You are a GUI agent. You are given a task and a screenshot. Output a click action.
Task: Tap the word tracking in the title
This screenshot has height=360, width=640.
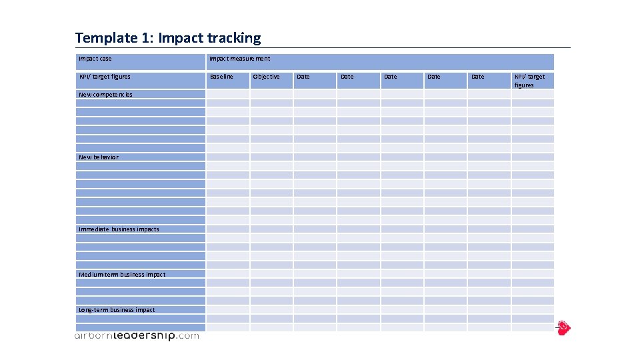[x=234, y=38]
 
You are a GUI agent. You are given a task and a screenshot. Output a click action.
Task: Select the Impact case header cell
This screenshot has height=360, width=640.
[x=95, y=59]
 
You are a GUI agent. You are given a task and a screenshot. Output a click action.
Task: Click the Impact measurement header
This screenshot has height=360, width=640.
[x=240, y=59]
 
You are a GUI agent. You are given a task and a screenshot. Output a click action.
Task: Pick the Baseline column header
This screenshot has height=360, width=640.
[x=221, y=77]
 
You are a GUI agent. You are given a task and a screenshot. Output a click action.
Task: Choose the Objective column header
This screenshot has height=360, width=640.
[x=267, y=77]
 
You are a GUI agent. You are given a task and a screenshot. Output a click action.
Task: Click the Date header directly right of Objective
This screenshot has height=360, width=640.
[x=303, y=77]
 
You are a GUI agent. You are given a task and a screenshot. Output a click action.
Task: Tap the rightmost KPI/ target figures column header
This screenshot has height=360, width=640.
[x=529, y=81]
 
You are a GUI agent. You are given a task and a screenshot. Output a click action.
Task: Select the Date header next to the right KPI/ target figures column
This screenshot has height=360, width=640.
[x=478, y=77]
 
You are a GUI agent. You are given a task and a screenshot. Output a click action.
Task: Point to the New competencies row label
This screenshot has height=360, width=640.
[x=105, y=95]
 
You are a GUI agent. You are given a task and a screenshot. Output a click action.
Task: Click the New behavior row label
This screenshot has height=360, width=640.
[x=99, y=157]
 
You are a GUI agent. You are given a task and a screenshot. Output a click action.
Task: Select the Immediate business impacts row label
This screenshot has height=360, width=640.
[x=119, y=229]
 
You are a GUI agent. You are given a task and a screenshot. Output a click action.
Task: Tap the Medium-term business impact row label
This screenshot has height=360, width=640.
[x=122, y=275]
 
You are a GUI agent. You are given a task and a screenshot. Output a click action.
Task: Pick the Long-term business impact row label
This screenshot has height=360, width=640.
[x=117, y=310]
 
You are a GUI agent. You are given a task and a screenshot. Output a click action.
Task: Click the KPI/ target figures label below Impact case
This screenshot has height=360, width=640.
[x=105, y=77]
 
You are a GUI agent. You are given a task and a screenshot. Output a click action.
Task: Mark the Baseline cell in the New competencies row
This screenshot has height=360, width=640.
[x=227, y=95]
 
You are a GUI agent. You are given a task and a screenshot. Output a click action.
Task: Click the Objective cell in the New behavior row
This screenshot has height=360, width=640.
[x=271, y=157]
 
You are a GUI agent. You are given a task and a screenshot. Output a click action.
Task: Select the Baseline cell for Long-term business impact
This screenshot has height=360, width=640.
[x=227, y=310]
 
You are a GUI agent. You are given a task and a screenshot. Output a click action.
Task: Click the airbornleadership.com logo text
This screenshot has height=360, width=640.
[x=136, y=336]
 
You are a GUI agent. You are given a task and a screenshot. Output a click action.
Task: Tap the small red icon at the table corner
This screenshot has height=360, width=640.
[x=564, y=327]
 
